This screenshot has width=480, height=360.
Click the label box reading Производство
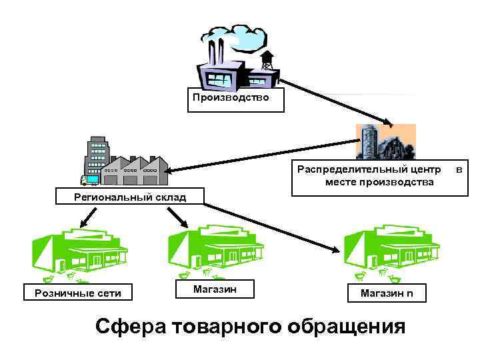(231, 98)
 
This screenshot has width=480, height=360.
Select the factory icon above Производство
(227, 60)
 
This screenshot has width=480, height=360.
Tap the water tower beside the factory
(267, 60)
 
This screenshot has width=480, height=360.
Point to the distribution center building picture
(385, 141)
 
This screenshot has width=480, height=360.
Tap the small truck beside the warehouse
(89, 180)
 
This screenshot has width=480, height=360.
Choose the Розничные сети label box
(77, 293)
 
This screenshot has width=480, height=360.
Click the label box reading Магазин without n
(214, 289)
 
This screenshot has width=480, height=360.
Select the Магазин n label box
(387, 293)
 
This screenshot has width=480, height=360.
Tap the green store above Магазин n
(391, 251)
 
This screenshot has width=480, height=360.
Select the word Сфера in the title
(131, 327)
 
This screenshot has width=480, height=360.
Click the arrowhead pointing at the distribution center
(387, 121)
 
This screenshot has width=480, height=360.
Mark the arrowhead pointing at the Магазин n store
(335, 250)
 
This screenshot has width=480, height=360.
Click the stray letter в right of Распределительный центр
(459, 170)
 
